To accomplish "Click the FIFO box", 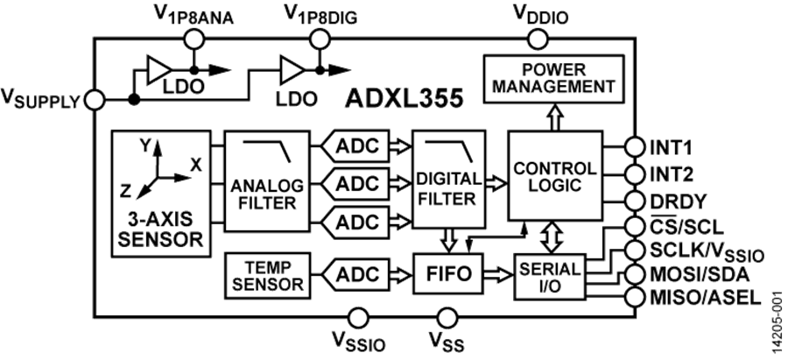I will (447, 274).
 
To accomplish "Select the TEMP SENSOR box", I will (264, 274).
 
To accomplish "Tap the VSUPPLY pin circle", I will (95, 99).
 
